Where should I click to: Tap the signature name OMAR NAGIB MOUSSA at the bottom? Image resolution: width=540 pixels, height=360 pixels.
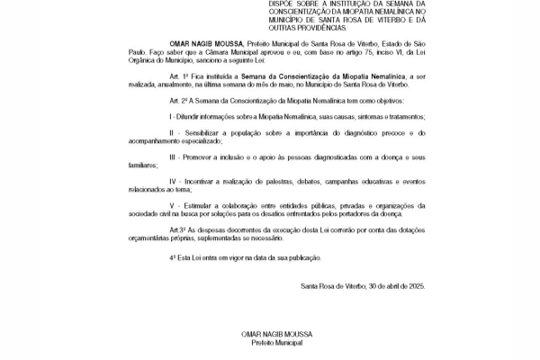click(271, 335)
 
